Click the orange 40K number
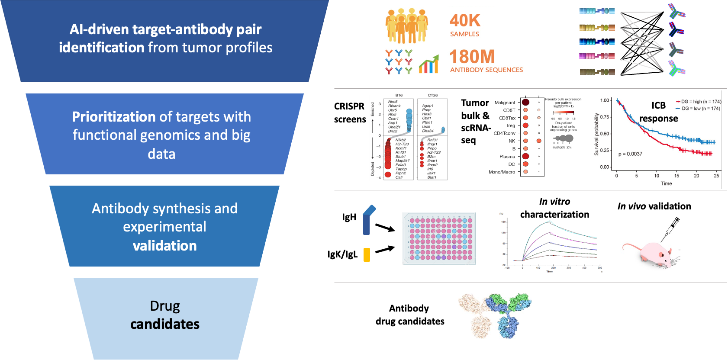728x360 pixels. pos(465,20)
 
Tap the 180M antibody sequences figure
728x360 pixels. pos(472,57)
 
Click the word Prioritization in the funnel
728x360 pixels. pos(113,117)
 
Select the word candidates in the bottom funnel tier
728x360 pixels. pos(165,324)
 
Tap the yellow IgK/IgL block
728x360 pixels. pos(367,254)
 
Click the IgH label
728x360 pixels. pos(349,217)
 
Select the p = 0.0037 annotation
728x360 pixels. pos(630,154)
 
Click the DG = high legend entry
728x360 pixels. pos(698,102)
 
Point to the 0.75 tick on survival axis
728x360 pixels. pos(605,117)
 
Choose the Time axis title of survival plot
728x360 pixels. pos(666,183)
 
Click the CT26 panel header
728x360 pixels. pos(432,95)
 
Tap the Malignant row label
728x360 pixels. pos(505,103)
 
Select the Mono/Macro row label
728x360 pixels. pos(502,172)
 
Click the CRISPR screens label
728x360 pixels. pos(350,112)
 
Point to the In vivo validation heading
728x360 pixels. pos(654,206)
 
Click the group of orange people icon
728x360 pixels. pos(406,26)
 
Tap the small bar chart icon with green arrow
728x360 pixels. pos(428,64)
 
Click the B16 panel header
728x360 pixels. pos(399,95)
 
